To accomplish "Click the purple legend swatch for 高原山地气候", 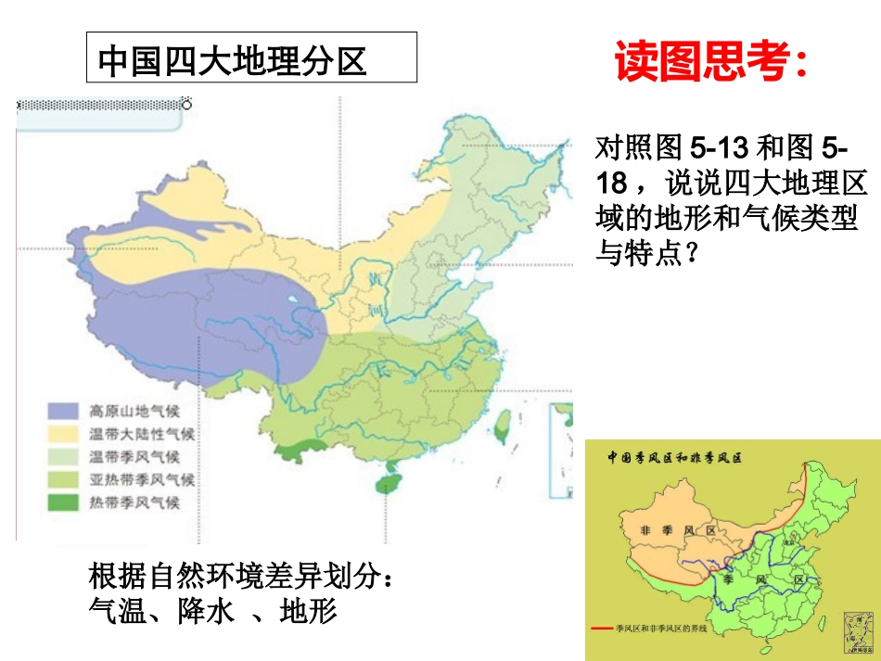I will pyautogui.click(x=63, y=411).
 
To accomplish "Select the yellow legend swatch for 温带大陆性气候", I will pyautogui.click(x=63, y=434).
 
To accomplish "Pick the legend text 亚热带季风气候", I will pyautogui.click(x=141, y=480).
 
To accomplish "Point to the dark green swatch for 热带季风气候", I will pyautogui.click(x=63, y=503).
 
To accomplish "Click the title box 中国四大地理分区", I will pyautogui.click(x=251, y=58).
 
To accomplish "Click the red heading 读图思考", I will pyautogui.click(x=710, y=62).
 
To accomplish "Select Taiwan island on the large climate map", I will pyautogui.click(x=503, y=424).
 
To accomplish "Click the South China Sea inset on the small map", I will pyautogui.click(x=853, y=633).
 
